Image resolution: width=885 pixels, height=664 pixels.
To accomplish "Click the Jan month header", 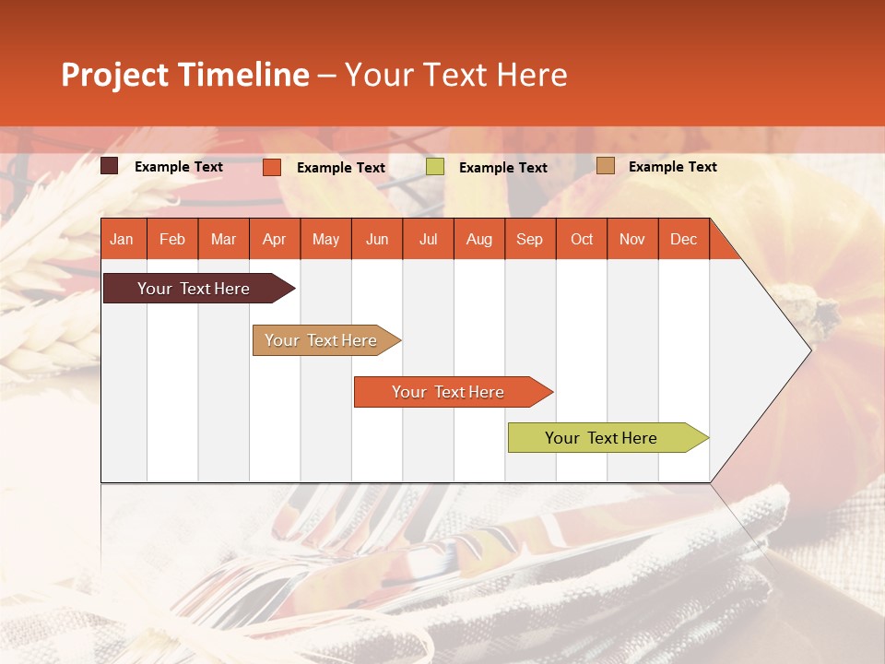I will pos(122,239).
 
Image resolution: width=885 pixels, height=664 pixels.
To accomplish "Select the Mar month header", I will pos(223,239).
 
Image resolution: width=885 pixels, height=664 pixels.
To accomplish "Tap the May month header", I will pos(325,239).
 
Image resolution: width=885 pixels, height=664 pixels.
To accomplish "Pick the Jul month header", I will pos(428,239).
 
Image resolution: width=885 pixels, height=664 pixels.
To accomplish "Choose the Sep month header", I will pos(529,239).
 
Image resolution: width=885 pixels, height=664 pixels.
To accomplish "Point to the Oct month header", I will pos(582,239).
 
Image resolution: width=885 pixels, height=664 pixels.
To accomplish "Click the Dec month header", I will pos(683,239).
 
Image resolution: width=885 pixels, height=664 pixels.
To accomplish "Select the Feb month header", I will pos(172,239).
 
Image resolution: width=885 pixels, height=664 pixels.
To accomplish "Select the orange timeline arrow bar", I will pos(449,392).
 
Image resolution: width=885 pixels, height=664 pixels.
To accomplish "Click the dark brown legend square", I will pos(110,166).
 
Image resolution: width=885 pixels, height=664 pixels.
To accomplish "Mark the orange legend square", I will pos(272,167).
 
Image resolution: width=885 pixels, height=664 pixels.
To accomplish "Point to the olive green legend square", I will pos(435,167).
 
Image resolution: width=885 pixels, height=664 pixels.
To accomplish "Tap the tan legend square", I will pos(605,166).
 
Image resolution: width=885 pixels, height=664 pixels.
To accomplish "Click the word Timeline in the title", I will pos(242,75).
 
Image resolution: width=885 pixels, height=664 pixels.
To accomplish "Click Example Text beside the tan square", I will pos(672,166).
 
